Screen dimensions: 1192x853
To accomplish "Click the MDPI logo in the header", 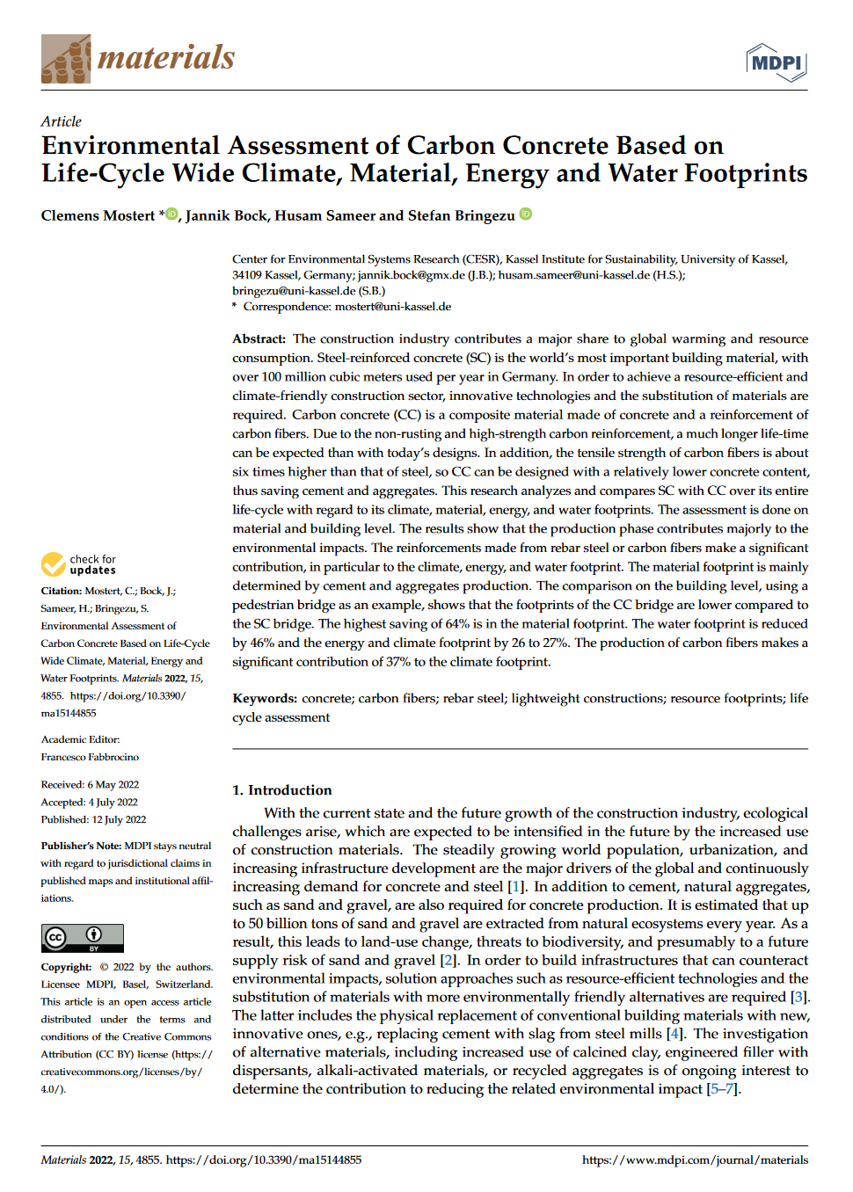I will coord(776,62).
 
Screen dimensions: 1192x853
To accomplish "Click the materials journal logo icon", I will coord(66,59).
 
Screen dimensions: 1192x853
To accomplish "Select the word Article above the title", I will coord(61,121).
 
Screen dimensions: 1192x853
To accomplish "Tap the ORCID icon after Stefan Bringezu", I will coord(526,214).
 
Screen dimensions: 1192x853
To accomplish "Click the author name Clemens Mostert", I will coord(98,215).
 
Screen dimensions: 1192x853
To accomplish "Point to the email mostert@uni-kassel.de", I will coord(392,307).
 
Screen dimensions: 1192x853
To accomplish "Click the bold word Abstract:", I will coord(259,338).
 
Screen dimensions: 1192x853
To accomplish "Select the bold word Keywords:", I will coord(265,698).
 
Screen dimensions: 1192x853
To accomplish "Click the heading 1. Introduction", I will coord(281,789).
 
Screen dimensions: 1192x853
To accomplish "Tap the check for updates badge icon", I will coord(54,563).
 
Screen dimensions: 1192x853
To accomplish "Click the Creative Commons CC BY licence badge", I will coord(82,938).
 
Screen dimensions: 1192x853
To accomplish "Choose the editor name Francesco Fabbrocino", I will coord(90,757).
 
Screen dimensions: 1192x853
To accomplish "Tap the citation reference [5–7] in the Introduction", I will coord(724,1089).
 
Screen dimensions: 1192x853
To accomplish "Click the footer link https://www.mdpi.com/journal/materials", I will coord(695,1159).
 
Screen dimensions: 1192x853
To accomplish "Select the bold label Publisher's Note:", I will coord(81,846).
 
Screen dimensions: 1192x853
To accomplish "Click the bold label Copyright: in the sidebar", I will coord(66,967).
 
